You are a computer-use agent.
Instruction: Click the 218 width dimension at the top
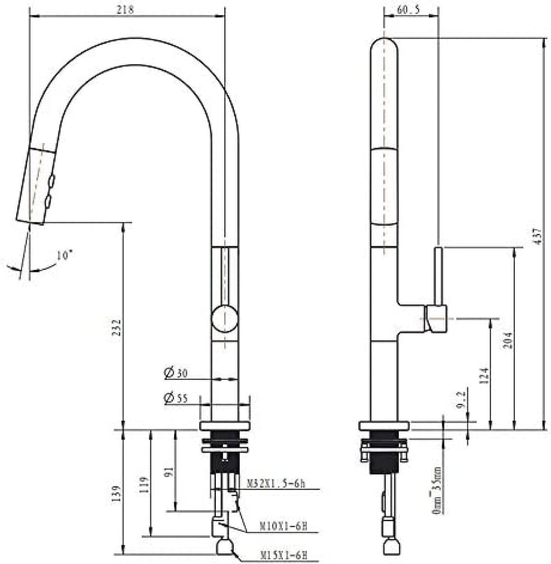[125, 9]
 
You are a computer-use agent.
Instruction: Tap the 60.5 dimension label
[408, 10]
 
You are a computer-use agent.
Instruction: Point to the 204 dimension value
[508, 340]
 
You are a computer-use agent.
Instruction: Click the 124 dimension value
[484, 375]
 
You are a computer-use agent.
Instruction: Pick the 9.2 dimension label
[462, 400]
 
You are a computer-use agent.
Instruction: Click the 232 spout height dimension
[117, 327]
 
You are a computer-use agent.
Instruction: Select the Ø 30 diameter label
[176, 373]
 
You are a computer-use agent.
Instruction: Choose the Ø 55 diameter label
[176, 398]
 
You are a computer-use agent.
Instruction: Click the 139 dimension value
[117, 493]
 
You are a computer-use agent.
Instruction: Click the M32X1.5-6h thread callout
[275, 484]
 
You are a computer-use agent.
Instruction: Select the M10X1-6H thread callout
[283, 526]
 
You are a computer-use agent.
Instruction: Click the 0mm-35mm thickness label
[437, 491]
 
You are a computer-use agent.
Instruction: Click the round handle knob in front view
[225, 319]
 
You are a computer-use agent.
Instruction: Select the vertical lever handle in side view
[439, 276]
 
